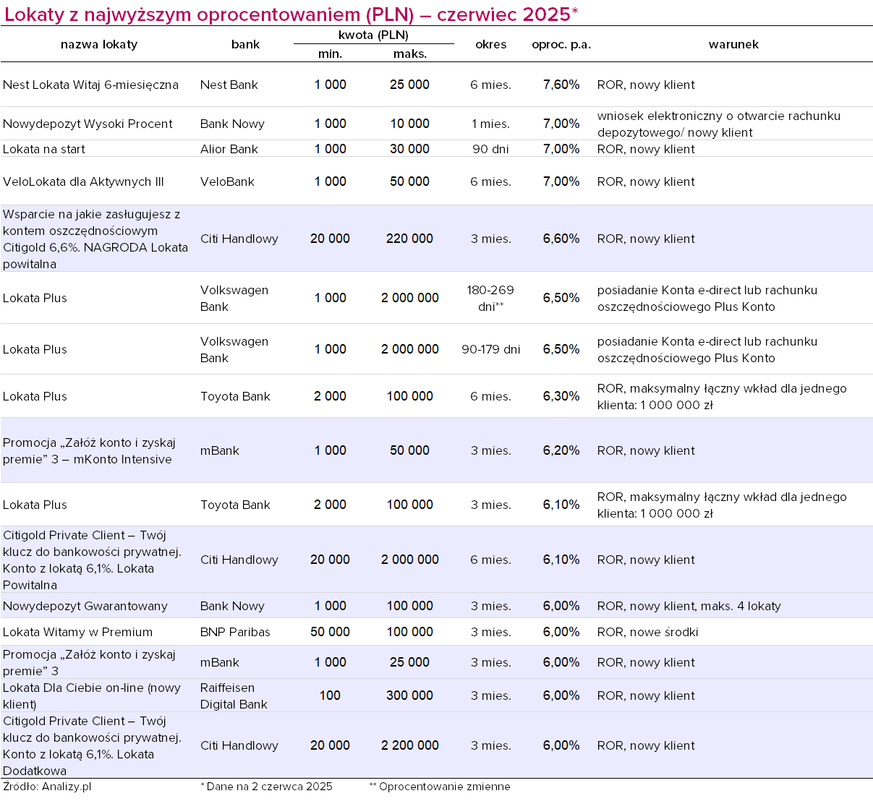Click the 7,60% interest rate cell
(561, 85)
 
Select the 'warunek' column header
(733, 44)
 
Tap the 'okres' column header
(490, 44)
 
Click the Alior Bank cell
(229, 149)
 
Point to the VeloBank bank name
(227, 181)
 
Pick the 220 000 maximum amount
(409, 239)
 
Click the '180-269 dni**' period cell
(490, 299)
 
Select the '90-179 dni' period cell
(490, 349)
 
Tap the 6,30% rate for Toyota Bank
(561, 396)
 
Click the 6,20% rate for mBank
(561, 450)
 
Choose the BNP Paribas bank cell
(235, 632)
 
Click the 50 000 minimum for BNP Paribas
(330, 632)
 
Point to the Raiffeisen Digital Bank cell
(234, 696)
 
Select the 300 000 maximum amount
(409, 695)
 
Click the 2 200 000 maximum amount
(409, 745)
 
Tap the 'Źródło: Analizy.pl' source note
(47, 787)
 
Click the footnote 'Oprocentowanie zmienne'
(444, 787)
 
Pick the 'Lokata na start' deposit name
(43, 149)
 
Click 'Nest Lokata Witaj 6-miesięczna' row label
(90, 85)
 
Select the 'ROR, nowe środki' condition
(647, 632)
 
